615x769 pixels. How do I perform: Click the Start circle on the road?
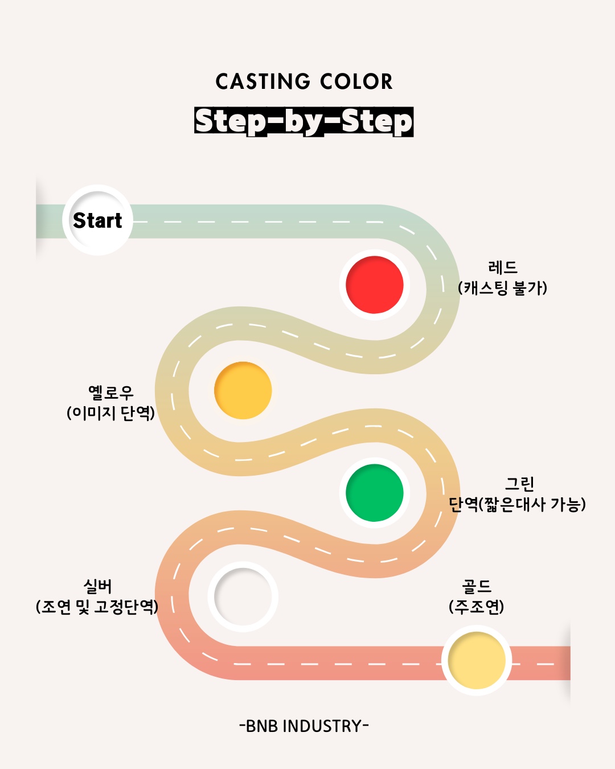pos(97,220)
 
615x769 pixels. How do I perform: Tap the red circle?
pos(375,285)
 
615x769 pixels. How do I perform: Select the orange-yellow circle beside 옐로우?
pos(243,390)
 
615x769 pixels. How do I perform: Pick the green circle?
pos(375,493)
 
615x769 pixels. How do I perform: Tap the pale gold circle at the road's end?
pos(477,660)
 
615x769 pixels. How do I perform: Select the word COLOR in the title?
pos(356,81)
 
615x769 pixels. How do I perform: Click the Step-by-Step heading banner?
pos(304,122)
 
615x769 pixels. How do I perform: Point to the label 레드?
pos(502,268)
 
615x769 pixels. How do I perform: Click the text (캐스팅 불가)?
pos(502,288)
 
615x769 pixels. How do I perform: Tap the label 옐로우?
pos(111,392)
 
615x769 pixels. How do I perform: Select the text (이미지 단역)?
pos(111,413)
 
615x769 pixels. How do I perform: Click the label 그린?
pos(519,484)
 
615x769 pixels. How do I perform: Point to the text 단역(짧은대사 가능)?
pos(517,505)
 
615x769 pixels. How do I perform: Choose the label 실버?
pos(97,586)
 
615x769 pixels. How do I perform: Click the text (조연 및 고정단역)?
pos(97,607)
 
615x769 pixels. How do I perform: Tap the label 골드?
pos(477,586)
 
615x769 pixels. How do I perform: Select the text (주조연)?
pos(477,607)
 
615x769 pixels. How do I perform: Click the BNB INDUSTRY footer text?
pos(304,726)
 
